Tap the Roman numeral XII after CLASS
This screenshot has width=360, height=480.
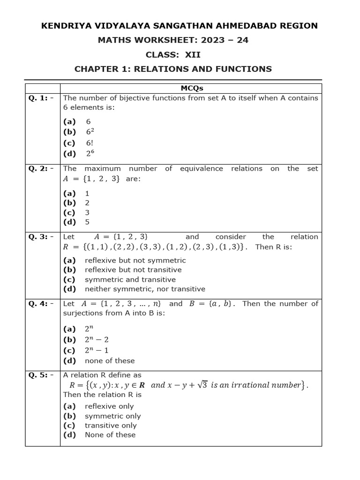tap(192, 55)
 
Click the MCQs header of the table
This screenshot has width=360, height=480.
tap(192, 88)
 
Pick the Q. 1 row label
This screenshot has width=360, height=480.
tap(41, 98)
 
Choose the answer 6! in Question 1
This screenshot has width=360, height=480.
tap(90, 142)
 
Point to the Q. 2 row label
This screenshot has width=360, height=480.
tap(41, 169)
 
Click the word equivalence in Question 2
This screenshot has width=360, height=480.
tap(202, 169)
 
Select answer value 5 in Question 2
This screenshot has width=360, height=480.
tap(87, 222)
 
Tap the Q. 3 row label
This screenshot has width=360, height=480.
tap(41, 237)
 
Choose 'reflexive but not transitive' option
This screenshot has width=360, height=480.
tap(133, 270)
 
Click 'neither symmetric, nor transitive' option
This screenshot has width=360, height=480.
tap(145, 289)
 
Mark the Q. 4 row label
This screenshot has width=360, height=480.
tap(41, 304)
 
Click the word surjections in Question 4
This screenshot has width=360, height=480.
tap(82, 313)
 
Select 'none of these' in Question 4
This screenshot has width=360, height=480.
tap(110, 361)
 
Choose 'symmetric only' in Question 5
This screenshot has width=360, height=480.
tap(112, 416)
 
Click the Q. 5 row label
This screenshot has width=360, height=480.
tap(41, 375)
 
